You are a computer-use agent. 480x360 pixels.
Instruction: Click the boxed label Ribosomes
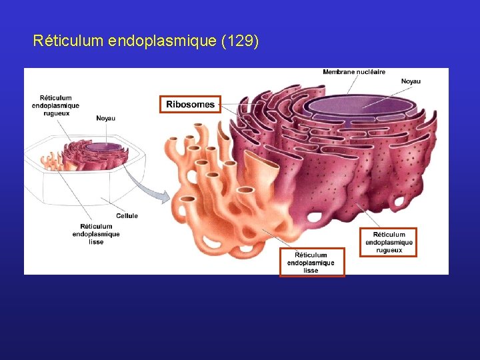tap(190, 104)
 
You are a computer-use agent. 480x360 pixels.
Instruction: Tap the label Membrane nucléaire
tap(354, 72)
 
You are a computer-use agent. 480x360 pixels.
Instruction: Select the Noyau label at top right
tap(411, 81)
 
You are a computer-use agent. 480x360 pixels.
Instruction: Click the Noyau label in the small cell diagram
tap(105, 119)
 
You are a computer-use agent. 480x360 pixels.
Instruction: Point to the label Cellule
tap(127, 215)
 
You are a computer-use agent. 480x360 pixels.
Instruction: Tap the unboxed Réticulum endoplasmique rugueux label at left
tap(55, 105)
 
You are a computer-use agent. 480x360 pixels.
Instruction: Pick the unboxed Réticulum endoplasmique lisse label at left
tap(96, 234)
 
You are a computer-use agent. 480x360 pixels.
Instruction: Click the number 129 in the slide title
tap(238, 41)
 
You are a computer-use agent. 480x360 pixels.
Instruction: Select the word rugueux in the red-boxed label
tap(389, 250)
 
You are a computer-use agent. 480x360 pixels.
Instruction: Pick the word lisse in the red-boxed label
tap(311, 271)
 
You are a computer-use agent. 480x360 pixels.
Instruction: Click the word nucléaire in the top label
tap(371, 72)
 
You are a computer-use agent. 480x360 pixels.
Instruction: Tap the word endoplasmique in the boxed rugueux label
tap(389, 243)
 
